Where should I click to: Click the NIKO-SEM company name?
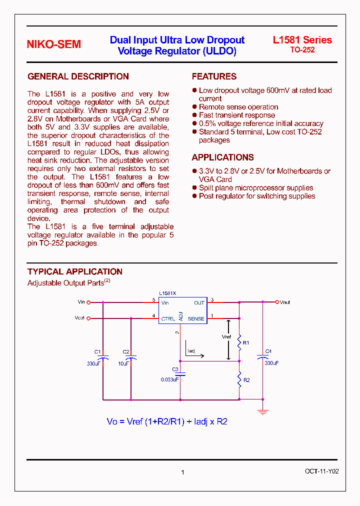53,44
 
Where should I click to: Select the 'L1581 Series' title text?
302,40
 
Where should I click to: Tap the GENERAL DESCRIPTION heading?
78,76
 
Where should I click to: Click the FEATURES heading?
214,76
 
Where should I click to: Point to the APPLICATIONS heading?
222,157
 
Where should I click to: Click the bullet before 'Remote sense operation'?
194,107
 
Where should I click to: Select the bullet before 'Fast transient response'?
194,115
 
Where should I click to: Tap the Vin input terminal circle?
89,302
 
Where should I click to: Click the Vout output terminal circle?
277,302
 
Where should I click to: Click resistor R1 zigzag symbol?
239,342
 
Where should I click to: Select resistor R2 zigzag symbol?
239,379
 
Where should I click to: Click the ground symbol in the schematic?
263,412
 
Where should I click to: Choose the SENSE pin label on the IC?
196,318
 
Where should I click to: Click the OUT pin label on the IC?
199,303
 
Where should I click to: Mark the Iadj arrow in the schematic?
194,356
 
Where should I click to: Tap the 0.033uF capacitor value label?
170,379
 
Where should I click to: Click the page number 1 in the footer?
182,472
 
